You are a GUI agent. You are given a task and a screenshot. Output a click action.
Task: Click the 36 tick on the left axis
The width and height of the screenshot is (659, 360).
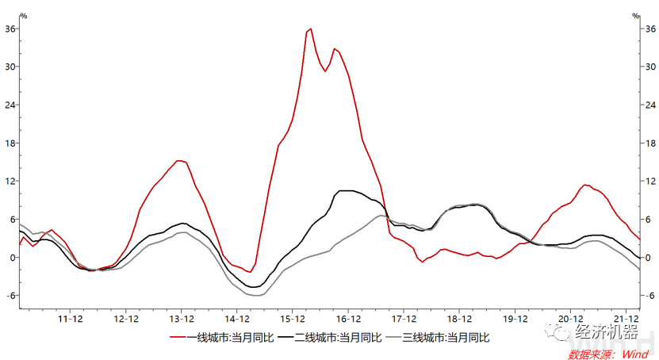pyautogui.click(x=10, y=29)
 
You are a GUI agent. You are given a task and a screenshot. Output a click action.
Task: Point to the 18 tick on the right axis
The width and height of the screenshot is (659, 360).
pyautogui.click(x=649, y=143)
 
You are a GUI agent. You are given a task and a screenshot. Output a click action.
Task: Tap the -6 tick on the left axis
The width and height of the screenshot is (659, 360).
pyautogui.click(x=10, y=296)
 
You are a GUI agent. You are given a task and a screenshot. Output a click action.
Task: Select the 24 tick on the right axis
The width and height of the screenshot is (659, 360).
pyautogui.click(x=649, y=105)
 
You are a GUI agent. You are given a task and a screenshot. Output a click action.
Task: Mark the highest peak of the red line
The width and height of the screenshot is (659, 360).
pyautogui.click(x=310, y=29)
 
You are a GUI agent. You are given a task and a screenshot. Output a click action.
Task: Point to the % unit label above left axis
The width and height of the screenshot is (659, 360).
pyautogui.click(x=23, y=15)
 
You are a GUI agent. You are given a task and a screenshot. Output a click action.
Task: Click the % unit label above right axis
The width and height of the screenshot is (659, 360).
pyautogui.click(x=636, y=15)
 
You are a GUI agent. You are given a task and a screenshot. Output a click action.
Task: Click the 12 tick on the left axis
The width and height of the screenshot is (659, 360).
pyautogui.click(x=10, y=181)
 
